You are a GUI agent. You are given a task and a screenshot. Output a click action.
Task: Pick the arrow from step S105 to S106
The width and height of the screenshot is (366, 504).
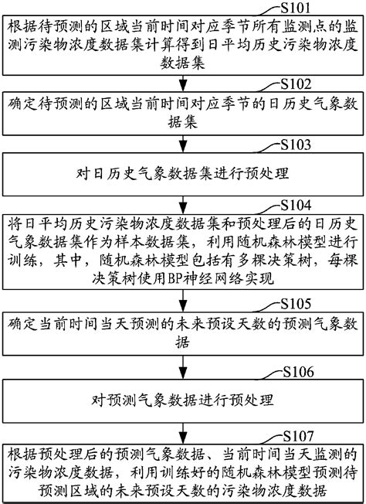click(x=183, y=373)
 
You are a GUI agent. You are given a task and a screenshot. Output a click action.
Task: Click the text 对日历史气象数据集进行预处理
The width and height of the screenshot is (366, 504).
click(x=183, y=173)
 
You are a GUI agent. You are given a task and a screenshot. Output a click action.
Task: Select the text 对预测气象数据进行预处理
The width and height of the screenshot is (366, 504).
click(x=183, y=402)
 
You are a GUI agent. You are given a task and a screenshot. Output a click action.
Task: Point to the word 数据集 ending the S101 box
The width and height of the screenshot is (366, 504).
click(x=183, y=64)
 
